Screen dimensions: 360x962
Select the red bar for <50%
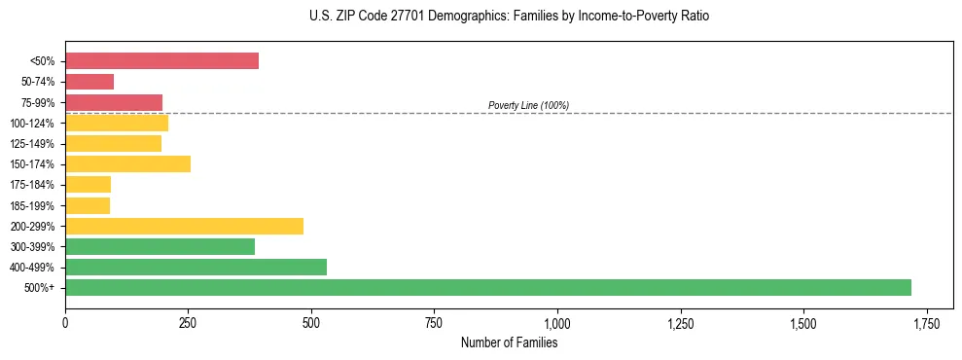tap(161, 61)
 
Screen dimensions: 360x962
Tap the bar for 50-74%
tap(89, 82)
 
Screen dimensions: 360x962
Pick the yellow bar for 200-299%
tap(184, 227)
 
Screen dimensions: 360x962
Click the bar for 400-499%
tap(196, 268)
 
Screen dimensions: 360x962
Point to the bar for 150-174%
tap(127, 164)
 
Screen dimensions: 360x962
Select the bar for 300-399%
tap(160, 247)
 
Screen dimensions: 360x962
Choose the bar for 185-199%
tap(88, 205)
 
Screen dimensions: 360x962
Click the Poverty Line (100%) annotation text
tap(528, 105)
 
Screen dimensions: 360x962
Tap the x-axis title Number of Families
tap(509, 342)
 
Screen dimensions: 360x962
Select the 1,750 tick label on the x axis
tap(927, 322)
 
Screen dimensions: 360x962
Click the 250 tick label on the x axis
tap(188, 322)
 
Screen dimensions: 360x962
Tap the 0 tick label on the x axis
tap(65, 322)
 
